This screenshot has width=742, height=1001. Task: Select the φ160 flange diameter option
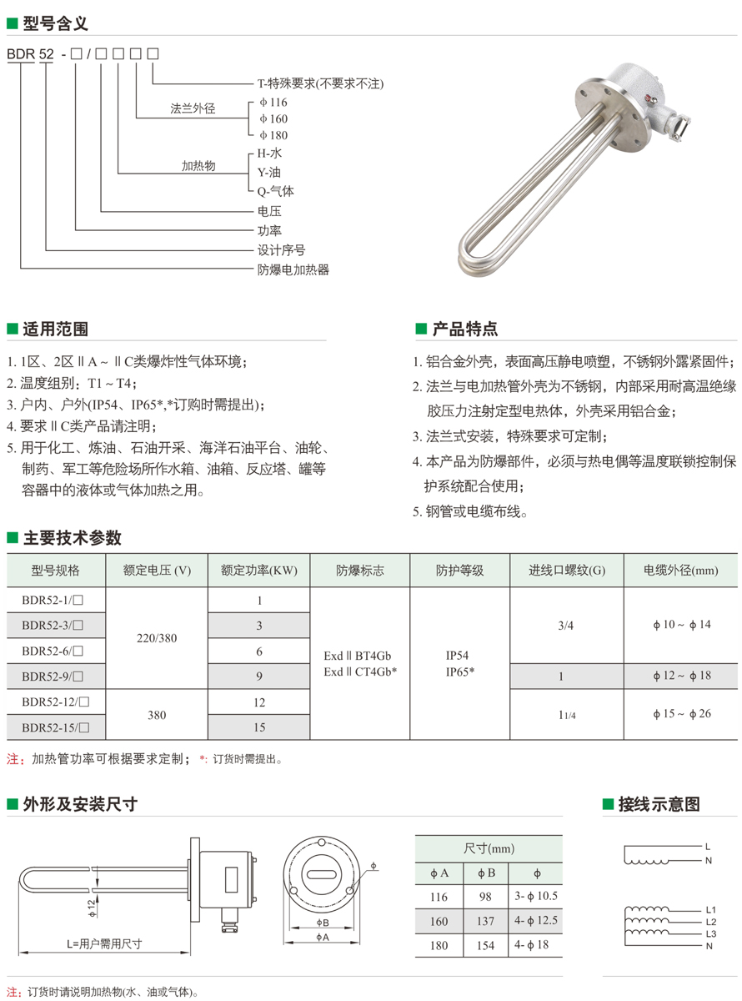[273, 118]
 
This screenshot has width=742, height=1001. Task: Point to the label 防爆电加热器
[293, 269]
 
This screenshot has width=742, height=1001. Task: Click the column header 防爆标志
[360, 571]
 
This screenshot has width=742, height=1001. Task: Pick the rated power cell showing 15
[259, 727]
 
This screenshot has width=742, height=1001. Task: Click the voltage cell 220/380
[156, 637]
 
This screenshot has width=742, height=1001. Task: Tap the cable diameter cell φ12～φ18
[681, 676]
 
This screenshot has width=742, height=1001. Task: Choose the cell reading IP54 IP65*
[459, 663]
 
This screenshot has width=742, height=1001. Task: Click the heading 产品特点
[464, 329]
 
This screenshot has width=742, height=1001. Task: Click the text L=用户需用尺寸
[104, 944]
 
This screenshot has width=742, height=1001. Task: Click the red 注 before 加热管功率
[13, 760]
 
